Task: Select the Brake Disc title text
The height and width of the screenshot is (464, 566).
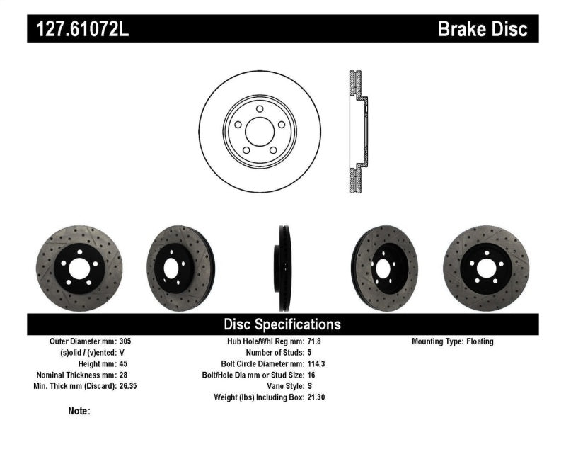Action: [483, 29]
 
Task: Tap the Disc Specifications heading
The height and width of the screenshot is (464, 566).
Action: [282, 324]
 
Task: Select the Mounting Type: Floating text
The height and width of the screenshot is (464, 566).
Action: [453, 341]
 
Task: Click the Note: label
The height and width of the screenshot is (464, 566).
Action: [79, 411]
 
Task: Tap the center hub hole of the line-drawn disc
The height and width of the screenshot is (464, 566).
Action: [259, 130]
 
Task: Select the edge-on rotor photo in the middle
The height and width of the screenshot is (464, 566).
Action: [284, 268]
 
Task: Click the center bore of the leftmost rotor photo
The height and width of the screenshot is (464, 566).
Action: [79, 268]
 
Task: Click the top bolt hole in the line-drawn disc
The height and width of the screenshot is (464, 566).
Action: [260, 108]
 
